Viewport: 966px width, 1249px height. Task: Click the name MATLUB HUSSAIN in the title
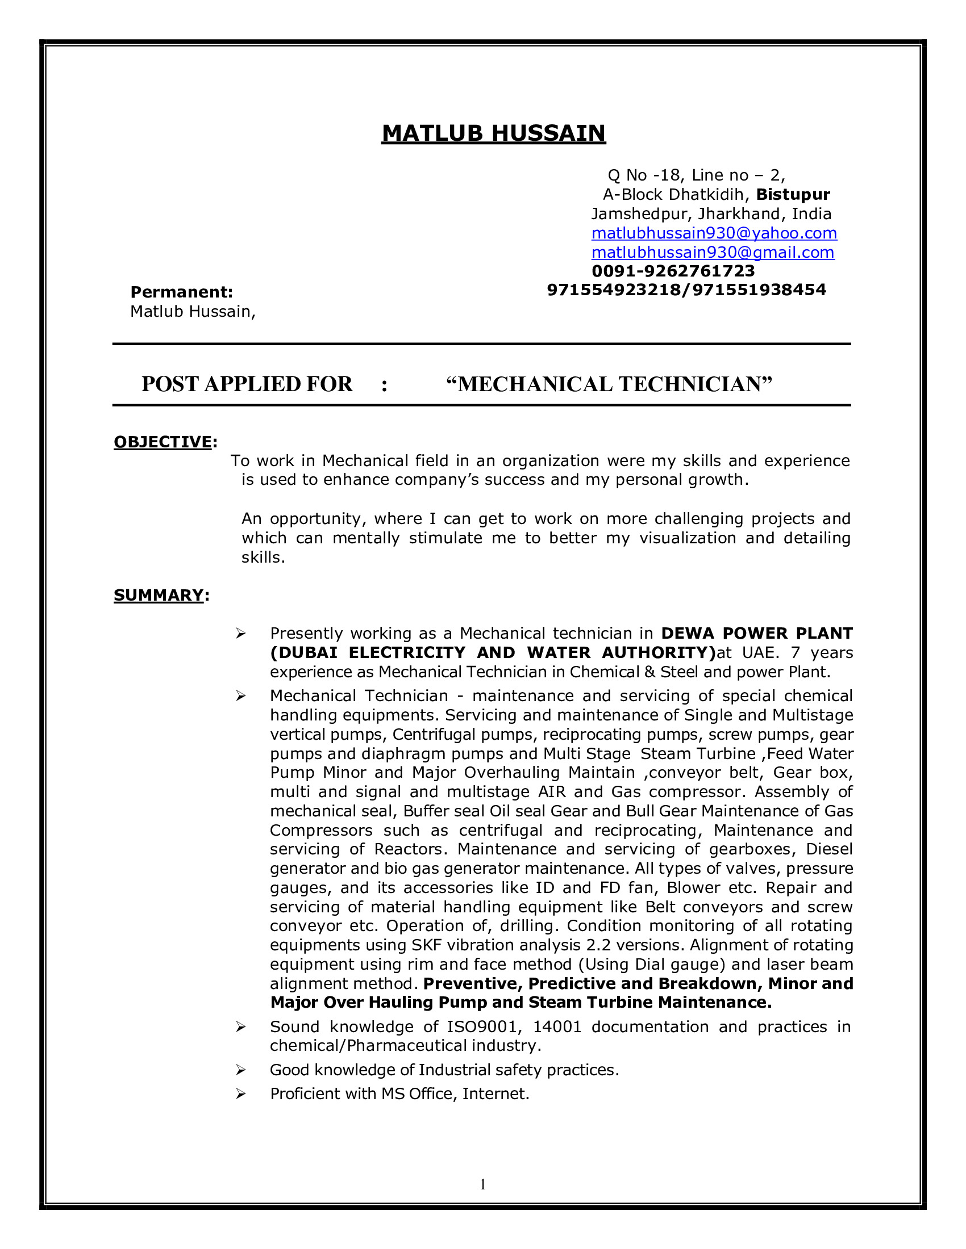tap(493, 133)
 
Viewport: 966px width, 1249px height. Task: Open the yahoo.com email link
tap(714, 233)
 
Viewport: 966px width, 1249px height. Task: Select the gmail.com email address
tap(713, 252)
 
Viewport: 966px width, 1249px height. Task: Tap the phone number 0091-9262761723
tap(673, 270)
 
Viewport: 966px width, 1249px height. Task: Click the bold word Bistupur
tap(793, 194)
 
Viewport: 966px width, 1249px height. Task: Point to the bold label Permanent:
tap(181, 292)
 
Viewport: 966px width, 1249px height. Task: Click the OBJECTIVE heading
tap(163, 442)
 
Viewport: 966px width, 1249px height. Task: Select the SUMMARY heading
tap(159, 596)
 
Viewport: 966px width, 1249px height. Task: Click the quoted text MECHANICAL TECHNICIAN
tap(609, 384)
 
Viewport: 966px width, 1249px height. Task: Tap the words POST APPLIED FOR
tap(247, 384)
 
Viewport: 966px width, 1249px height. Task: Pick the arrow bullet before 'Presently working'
tap(240, 634)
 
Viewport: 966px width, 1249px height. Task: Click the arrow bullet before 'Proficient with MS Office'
tap(240, 1094)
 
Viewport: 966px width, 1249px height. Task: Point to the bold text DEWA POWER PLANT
tap(756, 634)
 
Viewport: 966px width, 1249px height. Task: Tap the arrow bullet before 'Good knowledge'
tap(240, 1070)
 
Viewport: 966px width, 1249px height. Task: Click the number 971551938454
tap(759, 290)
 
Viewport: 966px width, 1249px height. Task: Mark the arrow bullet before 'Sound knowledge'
tap(240, 1027)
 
